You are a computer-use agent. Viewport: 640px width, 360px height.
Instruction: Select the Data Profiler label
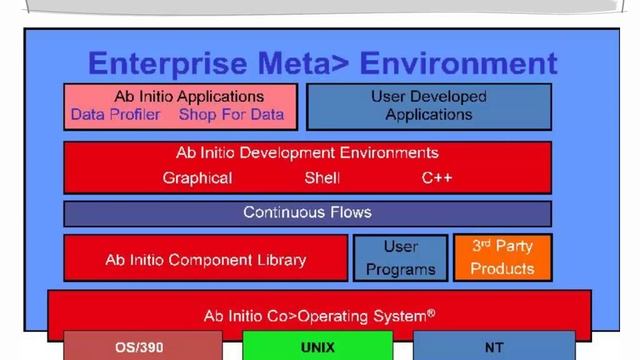click(115, 115)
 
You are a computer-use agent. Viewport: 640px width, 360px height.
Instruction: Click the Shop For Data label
click(231, 115)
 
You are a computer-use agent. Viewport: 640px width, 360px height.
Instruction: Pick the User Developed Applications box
click(428, 106)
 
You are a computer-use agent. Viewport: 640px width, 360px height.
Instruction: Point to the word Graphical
click(197, 178)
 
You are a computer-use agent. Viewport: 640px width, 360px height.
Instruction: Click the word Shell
click(322, 178)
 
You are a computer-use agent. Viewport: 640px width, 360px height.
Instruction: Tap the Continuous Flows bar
click(307, 213)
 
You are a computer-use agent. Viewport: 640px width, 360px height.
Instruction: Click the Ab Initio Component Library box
click(205, 259)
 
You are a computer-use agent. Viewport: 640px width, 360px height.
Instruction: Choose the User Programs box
click(400, 258)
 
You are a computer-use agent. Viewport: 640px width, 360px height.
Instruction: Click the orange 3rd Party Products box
click(502, 257)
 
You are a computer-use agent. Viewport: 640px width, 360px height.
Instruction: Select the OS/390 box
click(133, 347)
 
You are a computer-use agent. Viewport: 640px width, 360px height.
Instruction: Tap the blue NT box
click(494, 347)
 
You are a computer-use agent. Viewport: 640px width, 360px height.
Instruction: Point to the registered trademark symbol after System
click(431, 312)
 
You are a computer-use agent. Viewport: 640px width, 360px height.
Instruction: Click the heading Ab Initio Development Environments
click(307, 153)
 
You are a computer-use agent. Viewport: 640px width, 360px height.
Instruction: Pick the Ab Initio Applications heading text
click(181, 97)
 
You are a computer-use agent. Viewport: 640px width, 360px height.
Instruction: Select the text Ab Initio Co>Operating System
click(314, 315)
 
